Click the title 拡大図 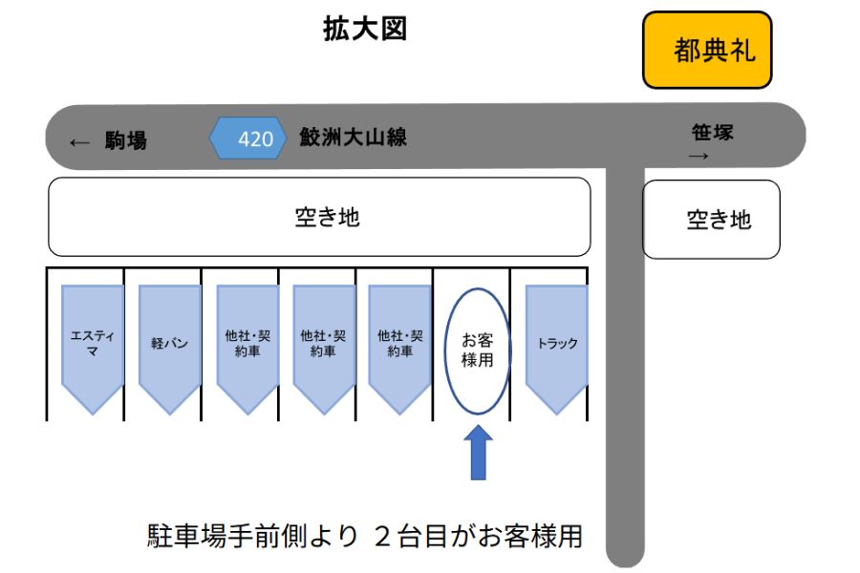point(365,30)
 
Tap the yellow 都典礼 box point(707,50)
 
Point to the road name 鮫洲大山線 point(353,138)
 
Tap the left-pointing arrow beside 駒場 point(79,143)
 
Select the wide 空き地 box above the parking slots point(319,217)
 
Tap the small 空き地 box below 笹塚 point(711,220)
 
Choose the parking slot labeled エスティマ point(93,344)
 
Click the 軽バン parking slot point(170,344)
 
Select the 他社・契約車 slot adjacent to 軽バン point(247,344)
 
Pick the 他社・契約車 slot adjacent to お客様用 point(400,344)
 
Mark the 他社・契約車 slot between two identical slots point(324,344)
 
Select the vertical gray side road point(626,382)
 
